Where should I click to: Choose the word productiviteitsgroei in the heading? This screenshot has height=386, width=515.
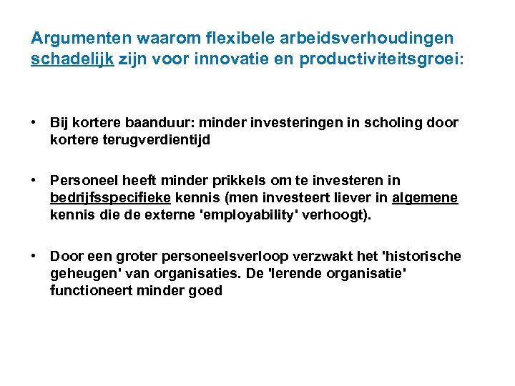point(379,59)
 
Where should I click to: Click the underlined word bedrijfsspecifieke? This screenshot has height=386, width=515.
point(110,198)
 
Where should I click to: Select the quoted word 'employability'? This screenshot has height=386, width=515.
point(245,215)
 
